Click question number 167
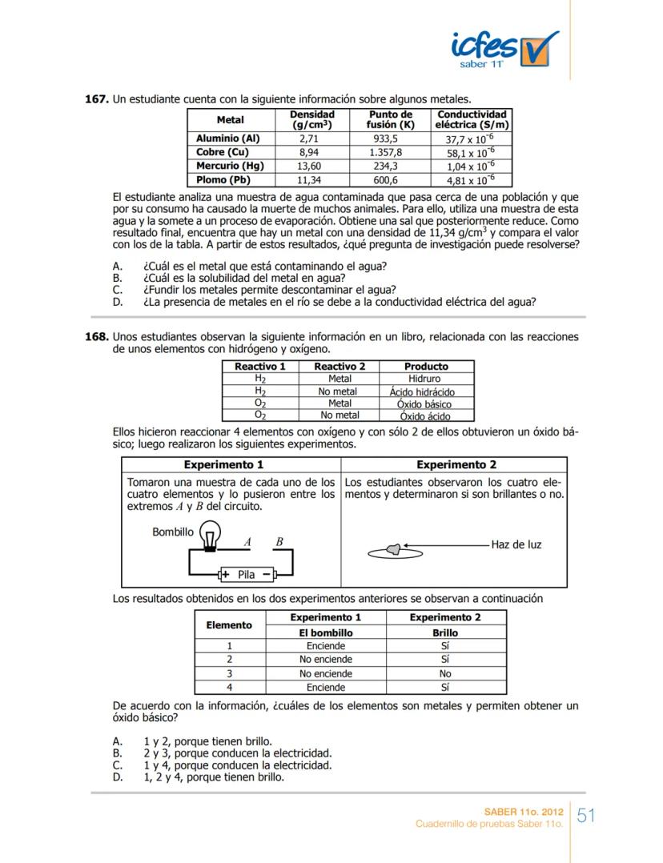point(96,99)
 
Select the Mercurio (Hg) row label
point(230,166)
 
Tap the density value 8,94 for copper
point(309,152)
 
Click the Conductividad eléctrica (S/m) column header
point(472,120)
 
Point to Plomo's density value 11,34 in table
point(309,180)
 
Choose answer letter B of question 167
point(118,278)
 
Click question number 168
point(96,337)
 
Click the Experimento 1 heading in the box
point(223,464)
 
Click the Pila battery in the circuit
point(247,574)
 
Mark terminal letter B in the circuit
point(279,542)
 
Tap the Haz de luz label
point(516,544)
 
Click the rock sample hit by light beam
point(393,548)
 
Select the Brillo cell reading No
point(444,674)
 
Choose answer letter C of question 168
point(118,765)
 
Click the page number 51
point(586,817)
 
